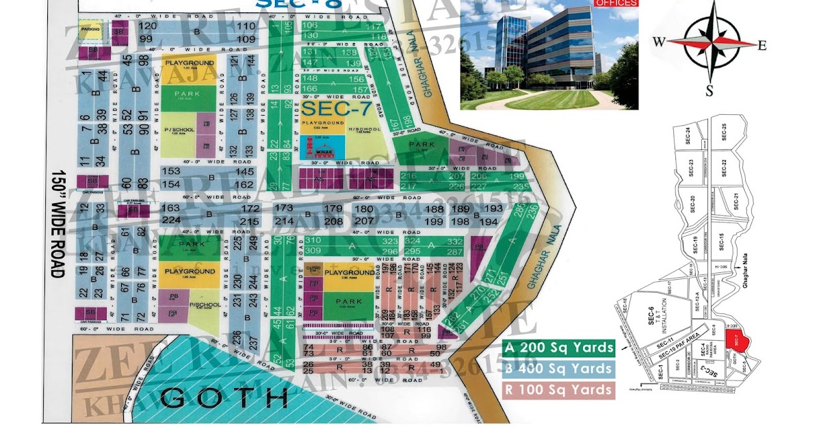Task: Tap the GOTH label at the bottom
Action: tap(216, 396)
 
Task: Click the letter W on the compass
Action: tap(659, 42)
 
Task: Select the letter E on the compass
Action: tap(761, 45)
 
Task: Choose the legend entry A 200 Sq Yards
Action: tap(559, 348)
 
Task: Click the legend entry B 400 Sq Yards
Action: tap(559, 369)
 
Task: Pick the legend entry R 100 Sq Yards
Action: tap(559, 390)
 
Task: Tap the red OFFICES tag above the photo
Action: tap(617, 3)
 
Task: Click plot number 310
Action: tap(313, 241)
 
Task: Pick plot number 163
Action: tap(171, 208)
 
